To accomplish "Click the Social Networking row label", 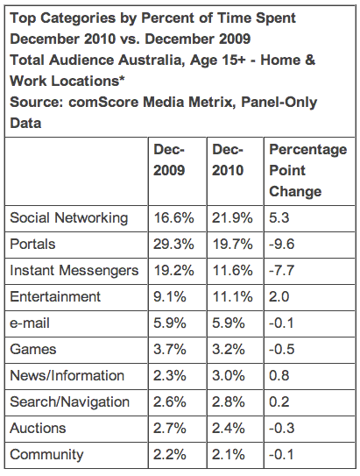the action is tap(69, 218).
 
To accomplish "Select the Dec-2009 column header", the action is tap(169, 160).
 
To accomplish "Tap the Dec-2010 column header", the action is tap(228, 160).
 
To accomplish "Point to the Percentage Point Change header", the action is tap(307, 170).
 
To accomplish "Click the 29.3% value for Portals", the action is tap(173, 245).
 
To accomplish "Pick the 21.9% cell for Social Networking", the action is tap(232, 218).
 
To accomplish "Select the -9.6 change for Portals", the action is tap(282, 245).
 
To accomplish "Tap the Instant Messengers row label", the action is tap(74, 271).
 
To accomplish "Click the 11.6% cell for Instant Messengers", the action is tap(232, 271).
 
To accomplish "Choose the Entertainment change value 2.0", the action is tap(279, 297).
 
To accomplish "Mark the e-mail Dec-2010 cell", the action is tap(229, 323).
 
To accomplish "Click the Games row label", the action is tap(33, 350).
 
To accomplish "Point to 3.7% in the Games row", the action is tap(170, 350).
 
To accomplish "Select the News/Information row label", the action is tap(67, 376).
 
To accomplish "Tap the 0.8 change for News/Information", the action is tap(279, 376).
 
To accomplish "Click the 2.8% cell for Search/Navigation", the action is tap(229, 402).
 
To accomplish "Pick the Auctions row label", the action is tap(38, 429).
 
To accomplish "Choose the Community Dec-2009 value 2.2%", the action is tap(170, 455).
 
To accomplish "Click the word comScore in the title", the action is tap(103, 103).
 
